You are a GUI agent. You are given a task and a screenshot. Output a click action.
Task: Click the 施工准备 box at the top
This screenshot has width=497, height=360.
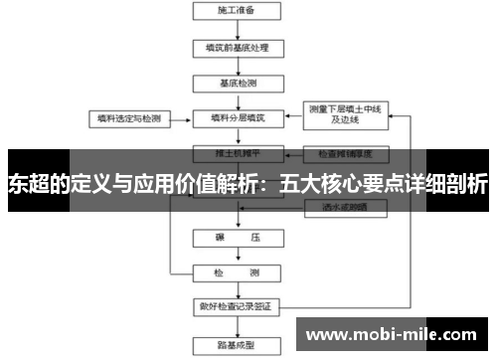(x=237, y=12)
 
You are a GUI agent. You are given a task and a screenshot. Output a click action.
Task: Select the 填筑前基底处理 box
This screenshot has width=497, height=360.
(x=237, y=48)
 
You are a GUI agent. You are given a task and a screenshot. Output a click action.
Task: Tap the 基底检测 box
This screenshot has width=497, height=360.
(x=237, y=83)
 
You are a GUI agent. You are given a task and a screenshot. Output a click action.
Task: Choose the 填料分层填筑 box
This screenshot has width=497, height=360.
(x=237, y=117)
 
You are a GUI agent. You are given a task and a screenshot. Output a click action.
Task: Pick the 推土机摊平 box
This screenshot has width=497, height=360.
(x=237, y=154)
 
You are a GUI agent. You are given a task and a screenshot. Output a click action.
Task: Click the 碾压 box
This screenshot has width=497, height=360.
(x=237, y=239)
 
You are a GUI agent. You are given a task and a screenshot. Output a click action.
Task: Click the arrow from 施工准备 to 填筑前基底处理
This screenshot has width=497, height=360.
(x=237, y=30)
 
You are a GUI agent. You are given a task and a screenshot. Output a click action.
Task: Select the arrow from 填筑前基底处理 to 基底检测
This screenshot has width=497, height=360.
(x=237, y=66)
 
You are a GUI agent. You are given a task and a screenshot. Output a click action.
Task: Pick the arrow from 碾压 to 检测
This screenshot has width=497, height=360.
(x=237, y=256)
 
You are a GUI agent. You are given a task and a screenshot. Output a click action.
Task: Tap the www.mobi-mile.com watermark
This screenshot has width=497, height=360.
(x=390, y=334)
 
